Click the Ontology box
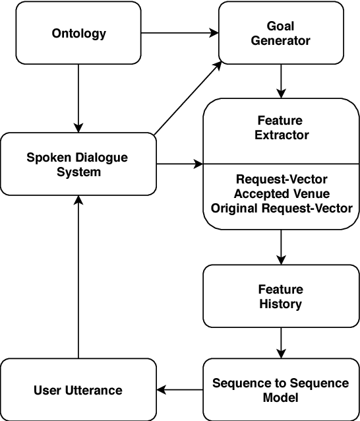click(x=79, y=33)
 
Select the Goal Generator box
click(x=280, y=33)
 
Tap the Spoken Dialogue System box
click(x=78, y=164)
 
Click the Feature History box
click(x=282, y=296)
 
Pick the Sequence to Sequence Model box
click(x=282, y=390)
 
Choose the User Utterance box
click(x=78, y=390)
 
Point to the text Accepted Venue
click(x=282, y=193)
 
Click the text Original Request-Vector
click(x=282, y=208)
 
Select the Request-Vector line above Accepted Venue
click(x=282, y=179)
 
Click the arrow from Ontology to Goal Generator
click(x=179, y=32)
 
